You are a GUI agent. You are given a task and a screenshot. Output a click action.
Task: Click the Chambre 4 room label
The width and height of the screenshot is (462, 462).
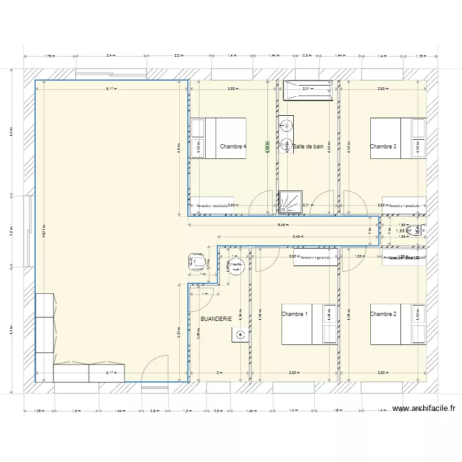tap(233, 147)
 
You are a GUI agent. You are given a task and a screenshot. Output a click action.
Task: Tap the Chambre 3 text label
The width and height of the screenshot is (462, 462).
tap(383, 147)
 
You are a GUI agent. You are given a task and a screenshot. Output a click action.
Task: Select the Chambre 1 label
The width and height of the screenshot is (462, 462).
tap(294, 314)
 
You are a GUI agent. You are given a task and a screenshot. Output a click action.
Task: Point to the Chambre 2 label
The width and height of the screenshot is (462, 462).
tap(383, 314)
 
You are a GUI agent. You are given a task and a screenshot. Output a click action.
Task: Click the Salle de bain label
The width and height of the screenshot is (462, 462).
tap(309, 147)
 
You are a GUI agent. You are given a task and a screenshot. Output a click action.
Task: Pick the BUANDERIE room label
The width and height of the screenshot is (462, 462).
tap(216, 319)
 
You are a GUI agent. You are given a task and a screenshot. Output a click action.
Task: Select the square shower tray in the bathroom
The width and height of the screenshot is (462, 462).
tap(288, 200)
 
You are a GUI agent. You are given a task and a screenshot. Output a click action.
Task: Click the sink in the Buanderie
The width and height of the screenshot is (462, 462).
tap(240, 335)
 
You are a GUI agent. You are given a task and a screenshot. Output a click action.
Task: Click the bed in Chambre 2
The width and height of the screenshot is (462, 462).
tap(397, 324)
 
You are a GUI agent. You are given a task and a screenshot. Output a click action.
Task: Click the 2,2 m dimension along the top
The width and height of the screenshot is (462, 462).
tap(179, 56)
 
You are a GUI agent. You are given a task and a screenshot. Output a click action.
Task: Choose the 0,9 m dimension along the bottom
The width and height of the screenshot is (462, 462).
tap(154, 410)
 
